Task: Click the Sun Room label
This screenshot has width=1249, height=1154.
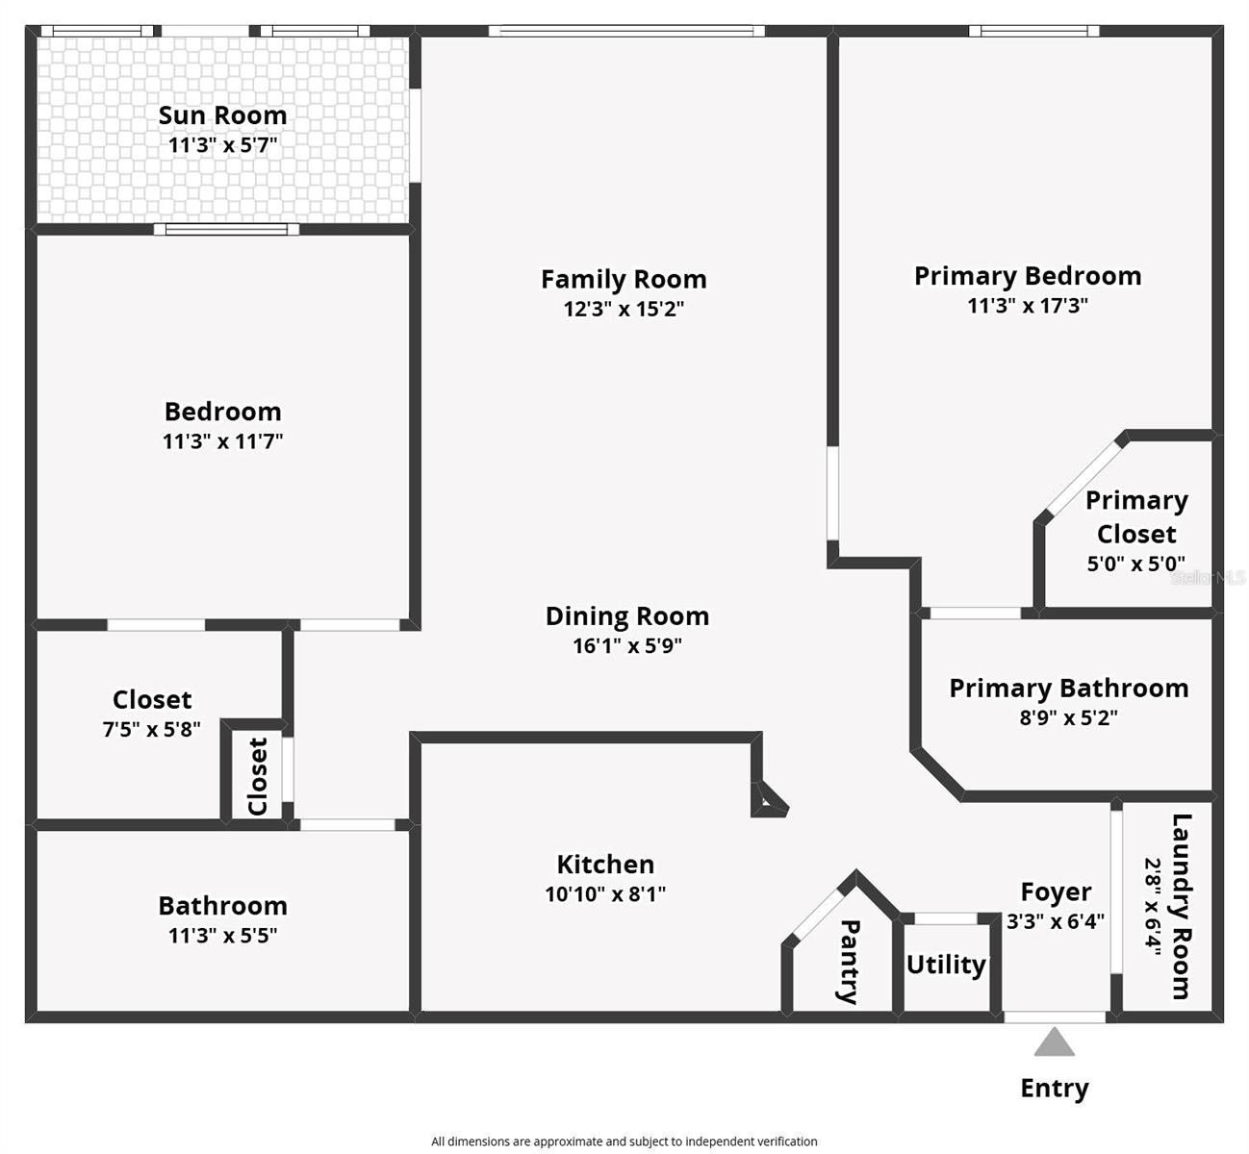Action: pyautogui.click(x=222, y=115)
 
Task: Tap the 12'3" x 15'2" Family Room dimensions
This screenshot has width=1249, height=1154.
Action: pyautogui.click(x=624, y=309)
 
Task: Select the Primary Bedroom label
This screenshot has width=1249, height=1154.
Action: pyautogui.click(x=1027, y=276)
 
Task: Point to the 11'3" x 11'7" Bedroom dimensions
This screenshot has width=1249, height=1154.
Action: pyautogui.click(x=222, y=441)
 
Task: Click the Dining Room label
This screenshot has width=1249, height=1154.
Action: pyautogui.click(x=626, y=615)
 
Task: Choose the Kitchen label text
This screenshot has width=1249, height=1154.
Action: pyautogui.click(x=605, y=864)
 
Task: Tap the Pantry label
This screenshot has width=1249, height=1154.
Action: pyautogui.click(x=849, y=961)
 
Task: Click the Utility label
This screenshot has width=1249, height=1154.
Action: pyautogui.click(x=946, y=965)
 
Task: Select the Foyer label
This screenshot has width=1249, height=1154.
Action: pyautogui.click(x=1056, y=892)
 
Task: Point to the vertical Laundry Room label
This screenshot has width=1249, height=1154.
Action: pyautogui.click(x=1181, y=906)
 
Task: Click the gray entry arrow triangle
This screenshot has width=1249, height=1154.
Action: pyautogui.click(x=1055, y=1043)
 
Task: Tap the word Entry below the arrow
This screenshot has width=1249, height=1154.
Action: pyautogui.click(x=1055, y=1089)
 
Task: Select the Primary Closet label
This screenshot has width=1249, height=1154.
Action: pyautogui.click(x=1136, y=517)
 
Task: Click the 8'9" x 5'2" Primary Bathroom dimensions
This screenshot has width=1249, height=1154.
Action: pyautogui.click(x=1068, y=717)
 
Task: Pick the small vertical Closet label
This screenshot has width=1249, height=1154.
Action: pyautogui.click(x=257, y=776)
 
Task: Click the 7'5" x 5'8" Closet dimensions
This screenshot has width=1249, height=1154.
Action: pyautogui.click(x=151, y=729)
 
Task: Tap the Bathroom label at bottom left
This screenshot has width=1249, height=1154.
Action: pyautogui.click(x=222, y=906)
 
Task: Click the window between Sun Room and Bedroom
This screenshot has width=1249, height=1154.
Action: pyautogui.click(x=226, y=229)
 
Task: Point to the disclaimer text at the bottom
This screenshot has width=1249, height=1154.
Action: pyautogui.click(x=624, y=1141)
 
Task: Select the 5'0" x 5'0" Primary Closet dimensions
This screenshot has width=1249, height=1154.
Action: pyautogui.click(x=1135, y=564)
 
